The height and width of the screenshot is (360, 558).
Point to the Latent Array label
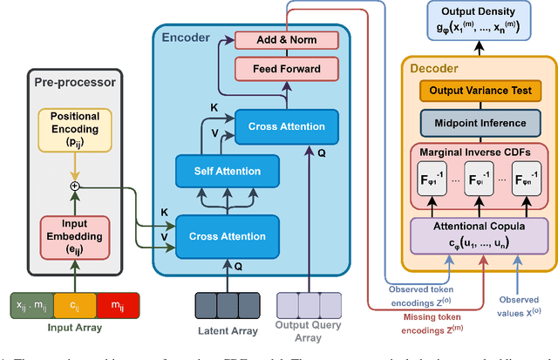click(227, 331)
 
